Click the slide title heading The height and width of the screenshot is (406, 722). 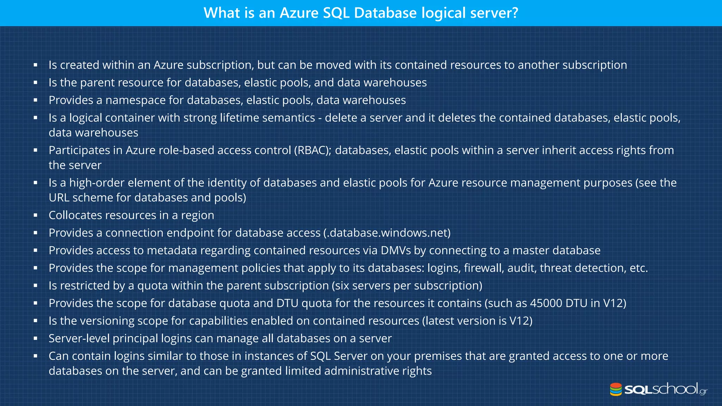click(361, 13)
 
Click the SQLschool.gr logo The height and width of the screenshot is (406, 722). click(659, 389)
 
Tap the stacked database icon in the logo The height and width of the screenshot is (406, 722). click(616, 389)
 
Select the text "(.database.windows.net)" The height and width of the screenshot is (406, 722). click(387, 233)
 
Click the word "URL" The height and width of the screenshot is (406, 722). click(59, 198)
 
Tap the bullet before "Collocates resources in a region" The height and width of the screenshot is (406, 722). click(36, 215)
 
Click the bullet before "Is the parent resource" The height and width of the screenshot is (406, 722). click(36, 82)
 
